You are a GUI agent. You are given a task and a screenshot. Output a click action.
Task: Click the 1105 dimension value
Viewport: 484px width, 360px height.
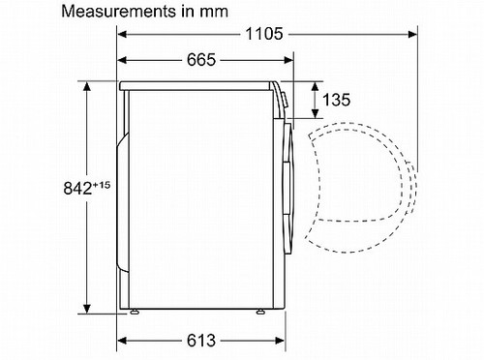[x=264, y=34]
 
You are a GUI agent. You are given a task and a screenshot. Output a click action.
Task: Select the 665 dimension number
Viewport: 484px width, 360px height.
[x=201, y=60]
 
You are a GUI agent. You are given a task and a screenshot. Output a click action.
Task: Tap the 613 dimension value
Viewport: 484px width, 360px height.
[x=201, y=341]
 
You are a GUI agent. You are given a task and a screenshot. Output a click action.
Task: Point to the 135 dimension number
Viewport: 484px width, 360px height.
[x=336, y=100]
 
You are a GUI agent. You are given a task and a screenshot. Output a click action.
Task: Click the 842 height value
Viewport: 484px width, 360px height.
[x=77, y=189]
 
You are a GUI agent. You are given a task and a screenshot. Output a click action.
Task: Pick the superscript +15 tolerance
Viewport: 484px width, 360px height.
[x=102, y=185]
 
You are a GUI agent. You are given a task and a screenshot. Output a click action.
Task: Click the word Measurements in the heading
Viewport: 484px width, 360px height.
[x=118, y=12]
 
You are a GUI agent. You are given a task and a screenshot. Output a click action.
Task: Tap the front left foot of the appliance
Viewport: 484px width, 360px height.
[x=135, y=312]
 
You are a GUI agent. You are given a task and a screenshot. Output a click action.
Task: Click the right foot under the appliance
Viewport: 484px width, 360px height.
[x=260, y=312]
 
